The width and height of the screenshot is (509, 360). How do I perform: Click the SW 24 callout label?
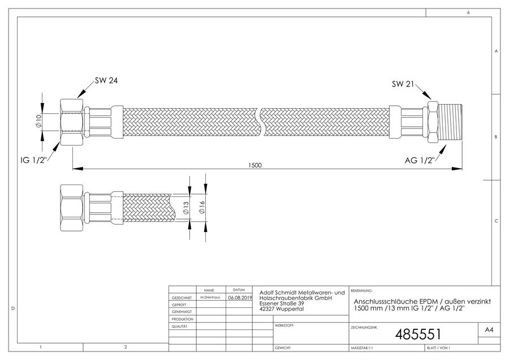[x=106, y=80]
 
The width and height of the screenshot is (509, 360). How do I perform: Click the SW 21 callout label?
[x=403, y=84]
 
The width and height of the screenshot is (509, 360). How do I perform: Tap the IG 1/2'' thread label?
[x=34, y=160]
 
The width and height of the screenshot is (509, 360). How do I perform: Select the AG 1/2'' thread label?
[x=420, y=160]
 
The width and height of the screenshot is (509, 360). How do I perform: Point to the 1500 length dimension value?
[x=255, y=165]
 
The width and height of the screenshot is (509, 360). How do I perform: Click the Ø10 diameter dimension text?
[x=39, y=121]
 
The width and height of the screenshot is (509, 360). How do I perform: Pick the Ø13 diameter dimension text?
[x=186, y=208]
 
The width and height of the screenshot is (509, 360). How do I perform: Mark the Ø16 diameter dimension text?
[x=202, y=207]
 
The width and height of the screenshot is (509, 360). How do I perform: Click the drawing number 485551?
[x=418, y=334]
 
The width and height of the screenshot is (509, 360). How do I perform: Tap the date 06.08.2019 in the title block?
[x=240, y=297]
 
